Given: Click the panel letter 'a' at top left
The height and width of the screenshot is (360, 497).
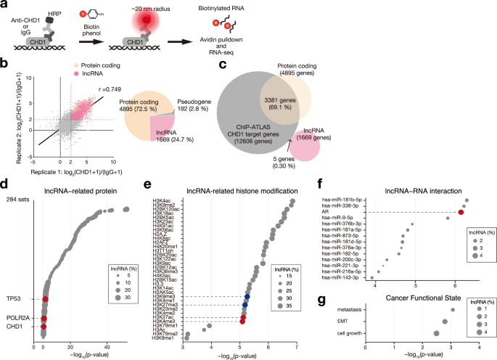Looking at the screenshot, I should pyautogui.click(x=5, y=6).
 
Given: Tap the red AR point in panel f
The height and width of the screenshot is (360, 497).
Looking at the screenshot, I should pyautogui.click(x=461, y=212).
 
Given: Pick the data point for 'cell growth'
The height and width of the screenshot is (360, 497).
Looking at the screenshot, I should pyautogui.click(x=436, y=333).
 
